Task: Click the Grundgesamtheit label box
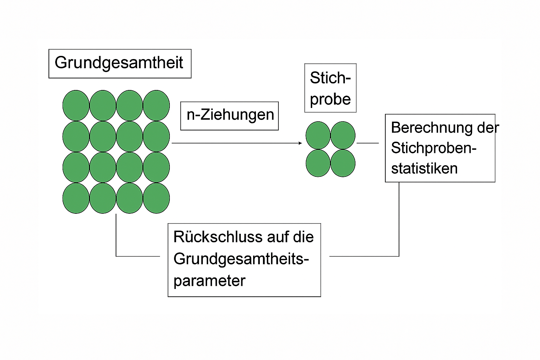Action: point(120,63)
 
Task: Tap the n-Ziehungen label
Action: point(230,116)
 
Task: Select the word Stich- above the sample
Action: point(330,78)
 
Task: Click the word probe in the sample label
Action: point(330,99)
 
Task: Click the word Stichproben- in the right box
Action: point(433,148)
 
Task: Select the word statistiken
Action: point(424,168)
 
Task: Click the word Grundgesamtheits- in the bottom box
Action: point(241,259)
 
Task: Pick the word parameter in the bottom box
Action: point(209,281)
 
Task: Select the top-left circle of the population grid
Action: point(76,105)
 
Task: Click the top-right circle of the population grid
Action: point(156,105)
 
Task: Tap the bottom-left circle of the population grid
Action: point(76,198)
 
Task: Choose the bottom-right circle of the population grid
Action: point(156,198)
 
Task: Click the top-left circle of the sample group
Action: point(318,135)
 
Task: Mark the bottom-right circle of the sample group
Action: point(343,163)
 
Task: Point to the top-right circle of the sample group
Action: point(343,135)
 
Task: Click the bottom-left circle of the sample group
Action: point(318,163)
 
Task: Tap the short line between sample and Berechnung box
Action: point(368,143)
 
